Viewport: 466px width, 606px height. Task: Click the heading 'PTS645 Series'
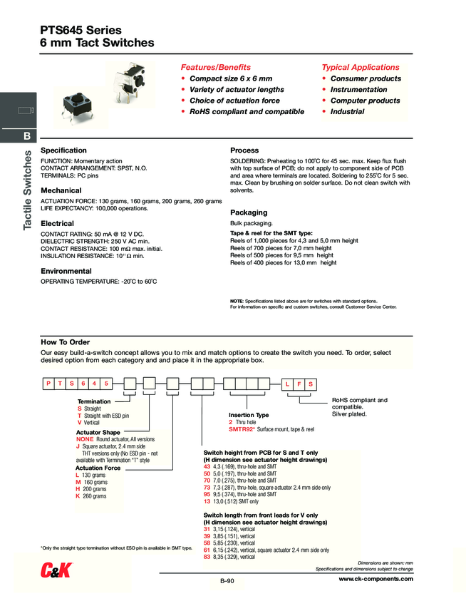[81, 31]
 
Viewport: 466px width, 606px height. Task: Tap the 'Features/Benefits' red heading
[215, 67]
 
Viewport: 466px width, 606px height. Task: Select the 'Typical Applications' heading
[360, 67]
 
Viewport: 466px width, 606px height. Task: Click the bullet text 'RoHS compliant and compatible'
[247, 112]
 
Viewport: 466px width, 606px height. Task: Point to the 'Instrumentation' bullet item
[359, 90]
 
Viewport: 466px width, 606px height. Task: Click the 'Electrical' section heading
[57, 223]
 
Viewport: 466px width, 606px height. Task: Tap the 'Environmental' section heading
[66, 271]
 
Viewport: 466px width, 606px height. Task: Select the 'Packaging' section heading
[249, 212]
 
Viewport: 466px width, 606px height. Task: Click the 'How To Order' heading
[66, 342]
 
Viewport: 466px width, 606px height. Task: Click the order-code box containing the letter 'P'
[47, 384]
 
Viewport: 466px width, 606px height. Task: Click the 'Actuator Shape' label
[98, 432]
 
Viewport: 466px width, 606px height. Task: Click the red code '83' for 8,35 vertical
[207, 557]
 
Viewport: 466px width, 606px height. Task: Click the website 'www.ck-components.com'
[376, 579]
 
